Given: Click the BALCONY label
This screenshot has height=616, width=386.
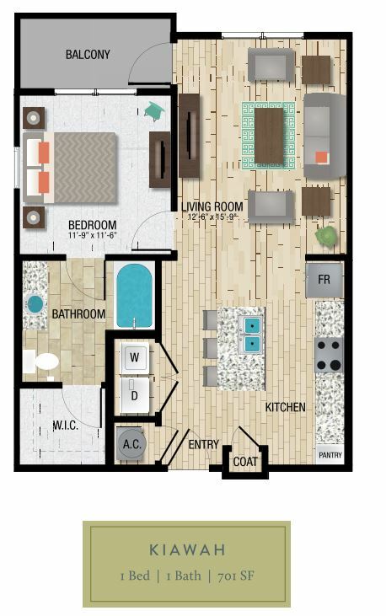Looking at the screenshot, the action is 88,54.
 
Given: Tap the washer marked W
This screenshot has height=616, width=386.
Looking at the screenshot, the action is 135,357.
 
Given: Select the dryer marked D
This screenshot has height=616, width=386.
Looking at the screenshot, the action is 135,395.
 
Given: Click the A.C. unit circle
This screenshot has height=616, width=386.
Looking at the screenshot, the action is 131,443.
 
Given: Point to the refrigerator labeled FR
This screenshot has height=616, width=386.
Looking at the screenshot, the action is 324,280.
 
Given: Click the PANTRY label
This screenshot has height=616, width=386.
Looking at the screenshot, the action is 330,455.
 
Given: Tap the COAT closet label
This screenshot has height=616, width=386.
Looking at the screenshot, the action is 245,462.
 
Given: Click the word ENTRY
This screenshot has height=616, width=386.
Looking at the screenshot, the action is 204,444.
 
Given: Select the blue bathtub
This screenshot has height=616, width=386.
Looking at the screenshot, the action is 134,296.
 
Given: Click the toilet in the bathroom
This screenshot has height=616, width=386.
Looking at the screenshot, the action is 41,362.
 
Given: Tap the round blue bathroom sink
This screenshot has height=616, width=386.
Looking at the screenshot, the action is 35,304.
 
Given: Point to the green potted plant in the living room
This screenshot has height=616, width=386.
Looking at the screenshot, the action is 326,237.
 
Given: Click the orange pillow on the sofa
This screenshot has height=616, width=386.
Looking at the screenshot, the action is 322,158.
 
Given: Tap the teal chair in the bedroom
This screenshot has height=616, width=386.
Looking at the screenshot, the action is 153,111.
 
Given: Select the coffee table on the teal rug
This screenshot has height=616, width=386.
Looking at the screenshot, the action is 269,136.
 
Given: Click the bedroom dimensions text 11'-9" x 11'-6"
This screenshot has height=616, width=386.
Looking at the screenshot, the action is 94,235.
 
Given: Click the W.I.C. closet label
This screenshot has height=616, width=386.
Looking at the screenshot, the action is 65,425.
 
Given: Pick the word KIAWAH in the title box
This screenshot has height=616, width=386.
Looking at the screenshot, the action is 187,549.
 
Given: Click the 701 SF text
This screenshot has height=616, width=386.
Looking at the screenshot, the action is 235,576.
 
